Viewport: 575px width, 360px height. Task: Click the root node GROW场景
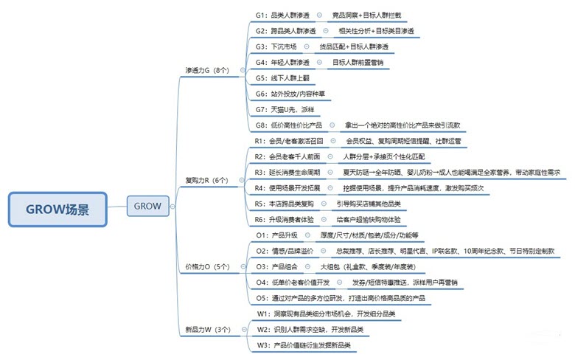(58, 210)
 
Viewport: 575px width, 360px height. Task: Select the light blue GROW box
(148, 206)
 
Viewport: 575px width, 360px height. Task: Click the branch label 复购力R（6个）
(206, 179)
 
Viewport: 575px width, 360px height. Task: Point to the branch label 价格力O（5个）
(206, 266)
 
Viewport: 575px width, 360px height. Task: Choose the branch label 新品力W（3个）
(207, 329)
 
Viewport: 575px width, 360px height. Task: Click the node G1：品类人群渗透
(282, 15)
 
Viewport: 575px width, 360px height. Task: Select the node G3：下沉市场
(271, 46)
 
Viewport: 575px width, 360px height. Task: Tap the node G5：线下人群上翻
(278, 77)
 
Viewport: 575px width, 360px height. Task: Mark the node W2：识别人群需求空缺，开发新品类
(310, 329)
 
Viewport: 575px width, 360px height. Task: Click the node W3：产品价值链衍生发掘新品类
(303, 345)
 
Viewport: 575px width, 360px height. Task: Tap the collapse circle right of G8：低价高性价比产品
(331, 125)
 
